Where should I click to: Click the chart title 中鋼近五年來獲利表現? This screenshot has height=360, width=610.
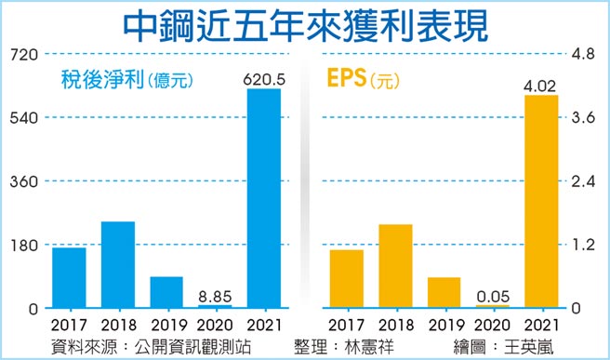(305, 25)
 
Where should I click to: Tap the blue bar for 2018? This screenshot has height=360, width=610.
(118, 264)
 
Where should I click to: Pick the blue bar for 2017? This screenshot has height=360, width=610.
(69, 277)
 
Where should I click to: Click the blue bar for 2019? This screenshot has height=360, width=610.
(166, 291)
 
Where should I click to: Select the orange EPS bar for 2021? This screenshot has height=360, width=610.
(541, 200)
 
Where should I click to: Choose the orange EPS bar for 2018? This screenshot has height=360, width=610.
(396, 265)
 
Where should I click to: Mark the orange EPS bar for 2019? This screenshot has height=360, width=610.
(444, 292)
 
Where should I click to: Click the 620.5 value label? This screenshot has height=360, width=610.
(263, 78)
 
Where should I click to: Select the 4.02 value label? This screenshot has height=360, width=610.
(541, 86)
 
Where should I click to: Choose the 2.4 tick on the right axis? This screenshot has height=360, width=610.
(583, 181)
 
